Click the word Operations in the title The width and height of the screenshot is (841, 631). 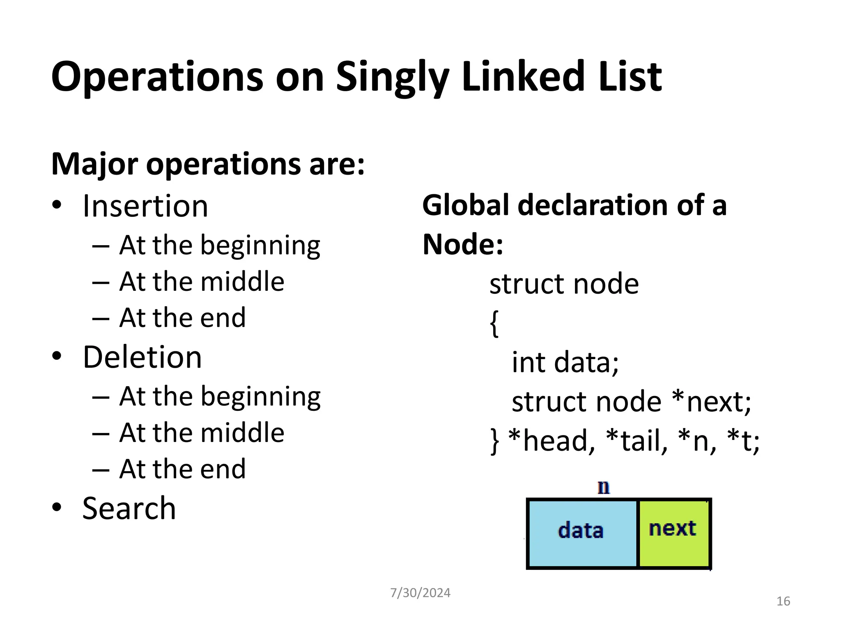157,77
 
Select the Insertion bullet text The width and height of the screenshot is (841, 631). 145,206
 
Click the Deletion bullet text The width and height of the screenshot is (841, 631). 142,357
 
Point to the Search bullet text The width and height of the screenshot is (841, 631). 129,509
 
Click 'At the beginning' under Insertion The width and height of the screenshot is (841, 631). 219,246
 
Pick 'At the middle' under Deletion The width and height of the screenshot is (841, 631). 201,433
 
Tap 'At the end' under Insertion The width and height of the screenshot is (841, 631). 182,318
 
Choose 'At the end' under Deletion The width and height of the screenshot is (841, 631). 182,469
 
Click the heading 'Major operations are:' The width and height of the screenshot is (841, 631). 208,164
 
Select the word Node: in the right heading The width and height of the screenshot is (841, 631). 463,244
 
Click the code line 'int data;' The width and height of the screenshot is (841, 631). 565,363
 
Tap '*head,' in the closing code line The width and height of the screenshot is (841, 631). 551,441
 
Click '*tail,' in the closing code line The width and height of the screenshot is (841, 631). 637,441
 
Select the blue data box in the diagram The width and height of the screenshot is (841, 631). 581,533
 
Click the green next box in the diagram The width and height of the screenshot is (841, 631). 673,533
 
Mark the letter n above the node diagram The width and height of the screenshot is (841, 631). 604,488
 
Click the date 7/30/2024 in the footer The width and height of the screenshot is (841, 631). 420,593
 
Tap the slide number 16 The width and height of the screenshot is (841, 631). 783,601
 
